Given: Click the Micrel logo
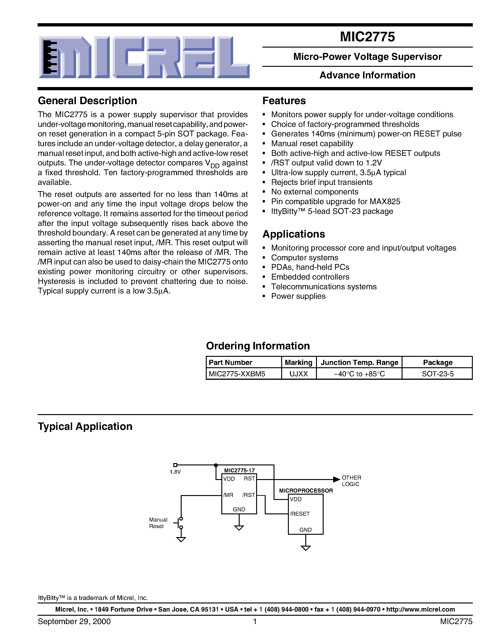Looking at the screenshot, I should click(144, 57).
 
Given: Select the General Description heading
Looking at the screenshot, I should click(87, 101).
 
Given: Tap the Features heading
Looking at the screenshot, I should click(284, 101).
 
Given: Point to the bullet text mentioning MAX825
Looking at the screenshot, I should click(335, 202).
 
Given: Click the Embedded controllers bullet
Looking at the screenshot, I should click(310, 277).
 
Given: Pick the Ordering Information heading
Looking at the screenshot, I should click(258, 346).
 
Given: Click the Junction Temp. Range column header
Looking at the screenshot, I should click(359, 363).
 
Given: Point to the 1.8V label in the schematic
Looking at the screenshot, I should click(175, 472).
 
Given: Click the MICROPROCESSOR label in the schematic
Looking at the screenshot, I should click(306, 490).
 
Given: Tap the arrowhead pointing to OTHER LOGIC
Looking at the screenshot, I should click(337, 479).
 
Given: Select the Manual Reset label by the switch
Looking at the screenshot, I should click(158, 523).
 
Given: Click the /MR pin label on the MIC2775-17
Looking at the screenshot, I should click(228, 495).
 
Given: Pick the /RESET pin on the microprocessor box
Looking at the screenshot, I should click(300, 514).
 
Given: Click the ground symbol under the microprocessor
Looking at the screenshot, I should click(306, 548).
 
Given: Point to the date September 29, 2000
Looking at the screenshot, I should click(74, 621).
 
